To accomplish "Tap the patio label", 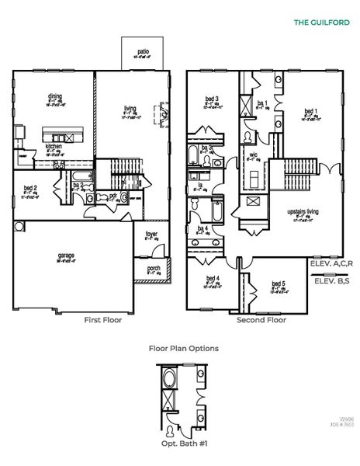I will click(x=144, y=51).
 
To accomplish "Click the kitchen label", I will click(x=54, y=146).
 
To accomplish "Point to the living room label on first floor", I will click(x=130, y=108).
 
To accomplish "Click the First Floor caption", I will click(x=104, y=319).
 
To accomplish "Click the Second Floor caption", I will click(x=261, y=319).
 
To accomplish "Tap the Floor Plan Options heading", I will click(x=183, y=349).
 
